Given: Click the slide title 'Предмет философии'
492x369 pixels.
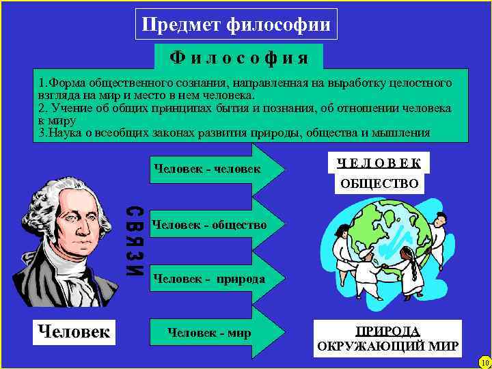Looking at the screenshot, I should pos(236,25).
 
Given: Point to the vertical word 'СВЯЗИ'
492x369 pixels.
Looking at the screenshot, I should pos(135,241).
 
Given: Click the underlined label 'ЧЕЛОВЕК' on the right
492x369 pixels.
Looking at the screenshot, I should pos(383,163).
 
